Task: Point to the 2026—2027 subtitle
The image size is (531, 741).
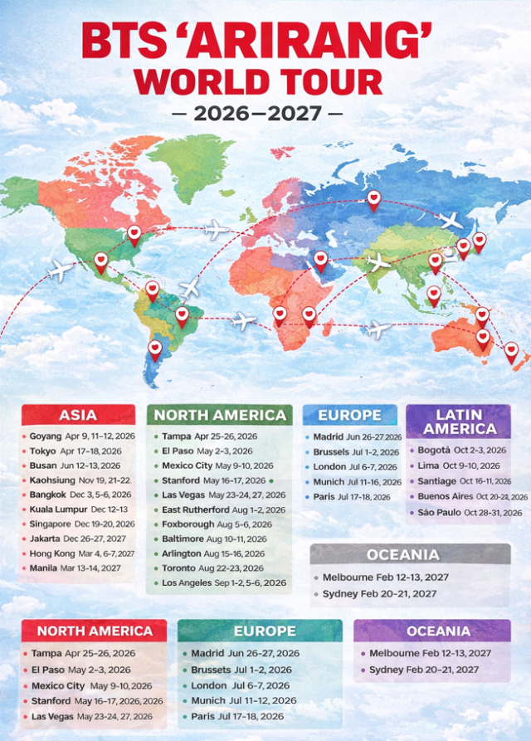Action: tap(265, 112)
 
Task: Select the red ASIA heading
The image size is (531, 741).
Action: tap(78, 415)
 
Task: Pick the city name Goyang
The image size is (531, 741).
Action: tap(46, 436)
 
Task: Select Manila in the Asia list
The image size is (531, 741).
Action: tap(43, 568)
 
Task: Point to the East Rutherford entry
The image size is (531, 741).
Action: tap(197, 509)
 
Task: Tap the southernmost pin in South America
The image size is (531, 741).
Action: tap(155, 349)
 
